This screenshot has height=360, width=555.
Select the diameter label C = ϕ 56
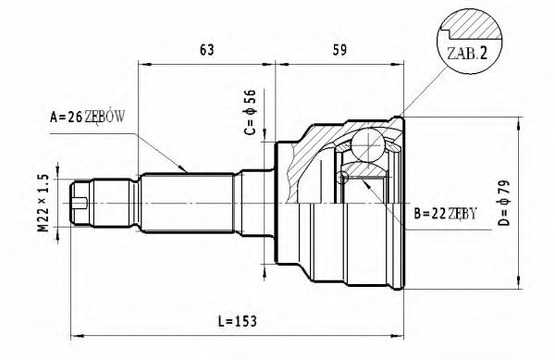(x=248, y=110)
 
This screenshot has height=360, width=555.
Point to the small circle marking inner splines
(x=344, y=177)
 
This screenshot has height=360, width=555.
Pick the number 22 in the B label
(x=437, y=214)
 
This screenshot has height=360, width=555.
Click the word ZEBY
(x=463, y=214)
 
